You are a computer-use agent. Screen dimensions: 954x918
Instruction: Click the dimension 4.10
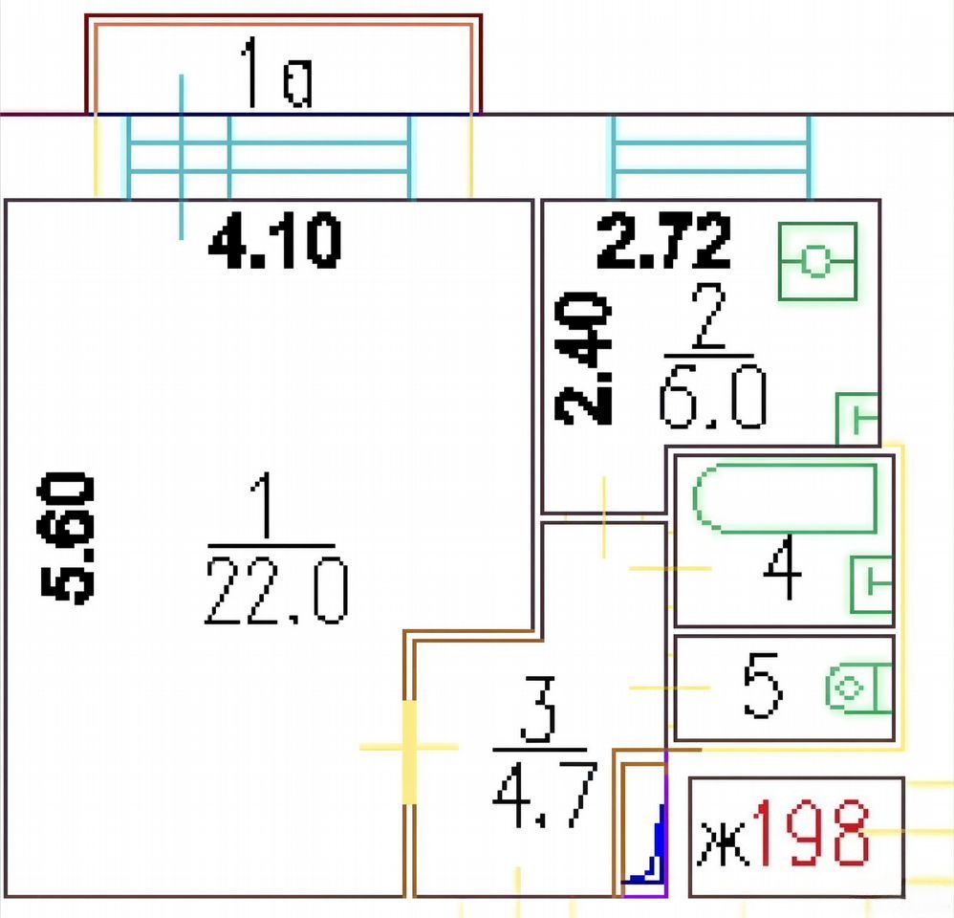[274, 241]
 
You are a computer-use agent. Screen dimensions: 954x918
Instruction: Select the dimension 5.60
[66, 538]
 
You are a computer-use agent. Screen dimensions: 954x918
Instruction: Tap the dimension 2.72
[663, 241]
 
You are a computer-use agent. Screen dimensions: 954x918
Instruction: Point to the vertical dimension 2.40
[583, 359]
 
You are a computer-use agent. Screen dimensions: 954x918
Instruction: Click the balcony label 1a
[277, 73]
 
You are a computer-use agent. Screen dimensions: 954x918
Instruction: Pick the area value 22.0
[277, 592]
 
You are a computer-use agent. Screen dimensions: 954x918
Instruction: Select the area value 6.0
[712, 395]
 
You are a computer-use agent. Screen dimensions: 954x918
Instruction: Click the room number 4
[783, 567]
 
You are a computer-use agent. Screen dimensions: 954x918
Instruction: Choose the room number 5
[762, 686]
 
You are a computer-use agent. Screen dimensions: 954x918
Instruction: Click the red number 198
[811, 832]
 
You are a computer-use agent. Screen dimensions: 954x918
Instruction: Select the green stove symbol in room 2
[817, 261]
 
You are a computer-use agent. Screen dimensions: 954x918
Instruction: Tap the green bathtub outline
[785, 498]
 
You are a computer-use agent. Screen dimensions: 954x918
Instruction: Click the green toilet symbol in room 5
[858, 688]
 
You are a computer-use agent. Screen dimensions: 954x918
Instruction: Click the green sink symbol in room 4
[871, 584]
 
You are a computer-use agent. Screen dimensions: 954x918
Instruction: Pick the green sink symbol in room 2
[857, 419]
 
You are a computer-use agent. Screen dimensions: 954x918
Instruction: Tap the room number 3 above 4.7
[538, 710]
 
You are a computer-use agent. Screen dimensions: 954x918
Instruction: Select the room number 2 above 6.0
[708, 316]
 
